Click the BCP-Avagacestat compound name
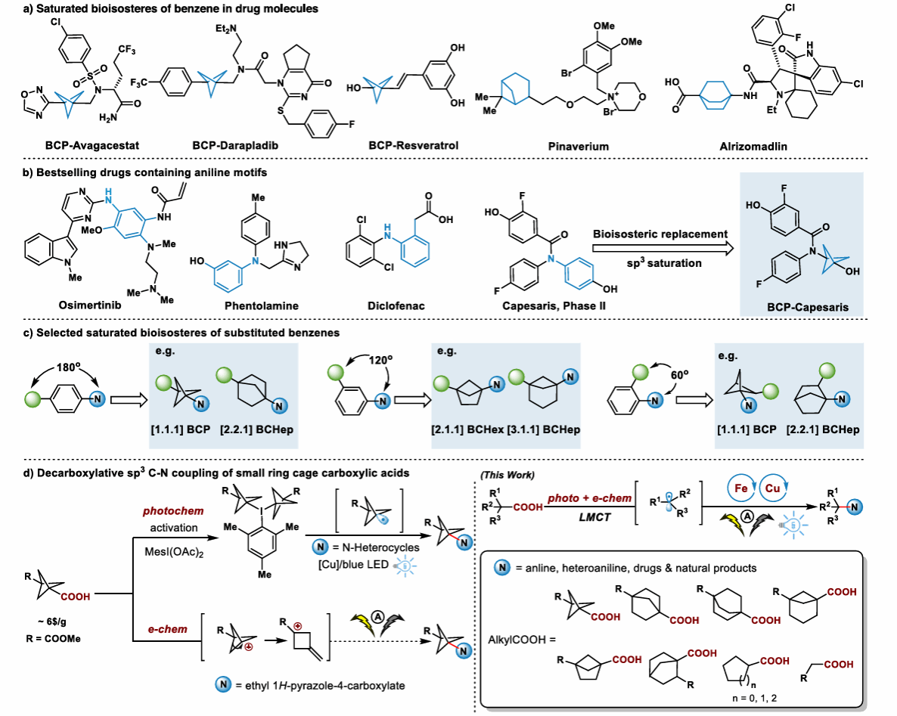pyautogui.click(x=69, y=145)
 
